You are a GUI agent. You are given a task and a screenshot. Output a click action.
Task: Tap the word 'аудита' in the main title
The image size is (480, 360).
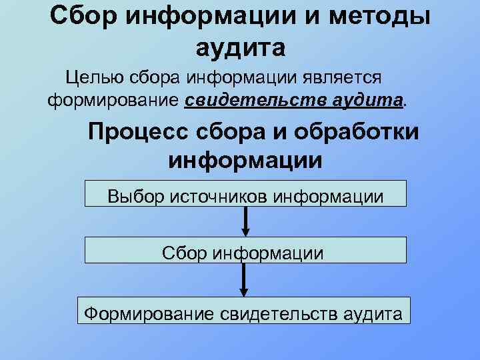point(241,47)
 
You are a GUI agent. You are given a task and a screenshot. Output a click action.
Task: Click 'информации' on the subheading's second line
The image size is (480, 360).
point(245,161)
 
